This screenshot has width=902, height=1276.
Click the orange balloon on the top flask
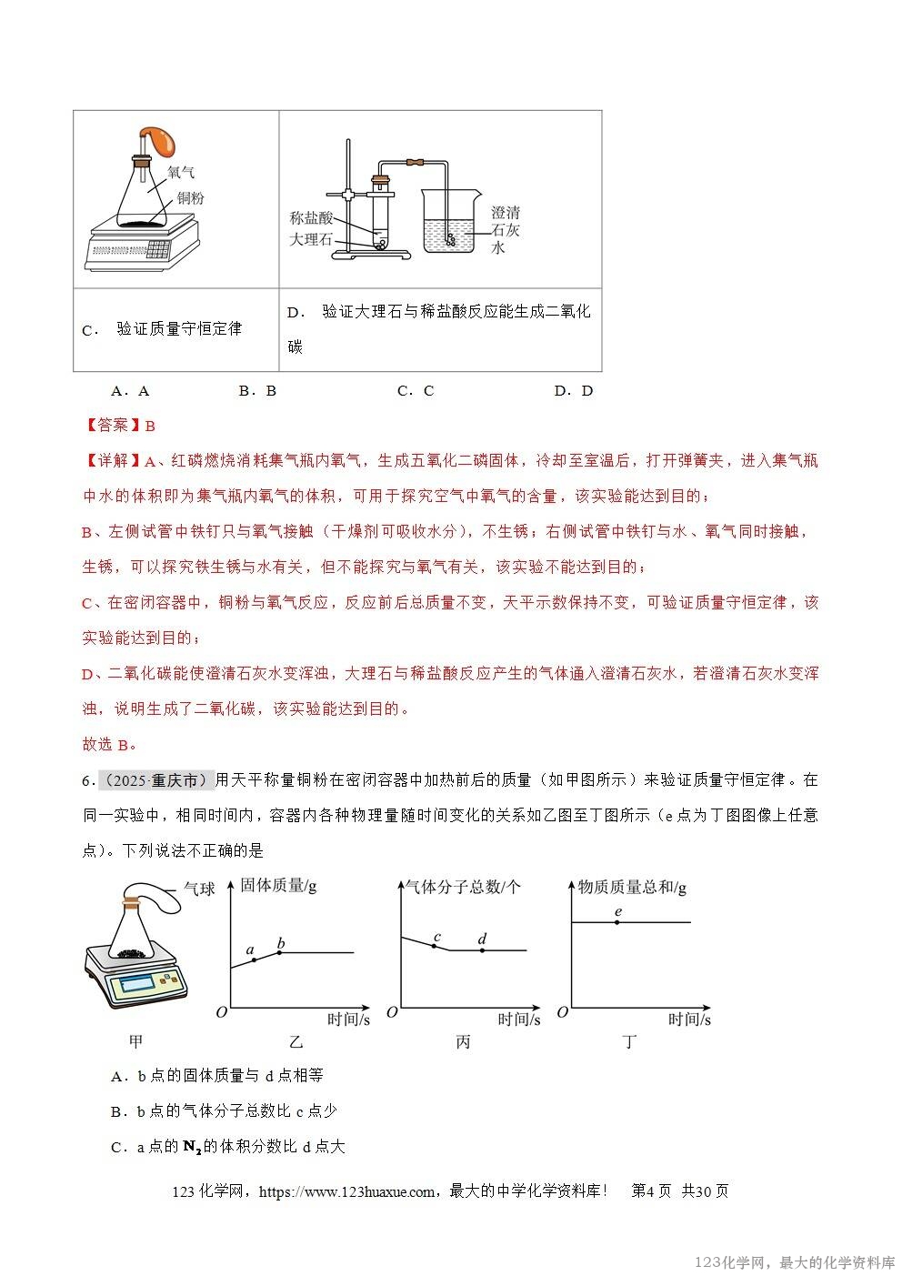(x=162, y=141)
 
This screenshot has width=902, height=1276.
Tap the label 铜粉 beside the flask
(x=190, y=197)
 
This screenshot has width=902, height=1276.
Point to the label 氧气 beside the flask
(x=181, y=172)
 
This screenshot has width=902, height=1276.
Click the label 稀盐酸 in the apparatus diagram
(x=312, y=218)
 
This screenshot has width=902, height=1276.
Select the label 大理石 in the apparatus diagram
(x=312, y=240)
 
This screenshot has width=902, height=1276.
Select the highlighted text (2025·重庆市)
(x=155, y=780)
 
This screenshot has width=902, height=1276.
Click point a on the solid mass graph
(x=253, y=960)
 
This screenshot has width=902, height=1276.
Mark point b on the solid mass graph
(x=280, y=952)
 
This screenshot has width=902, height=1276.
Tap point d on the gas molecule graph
(x=482, y=950)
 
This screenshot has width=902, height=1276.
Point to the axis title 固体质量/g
(x=278, y=886)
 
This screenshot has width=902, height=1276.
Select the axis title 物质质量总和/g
(x=632, y=886)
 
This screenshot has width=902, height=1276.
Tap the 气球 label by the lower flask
(x=199, y=888)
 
